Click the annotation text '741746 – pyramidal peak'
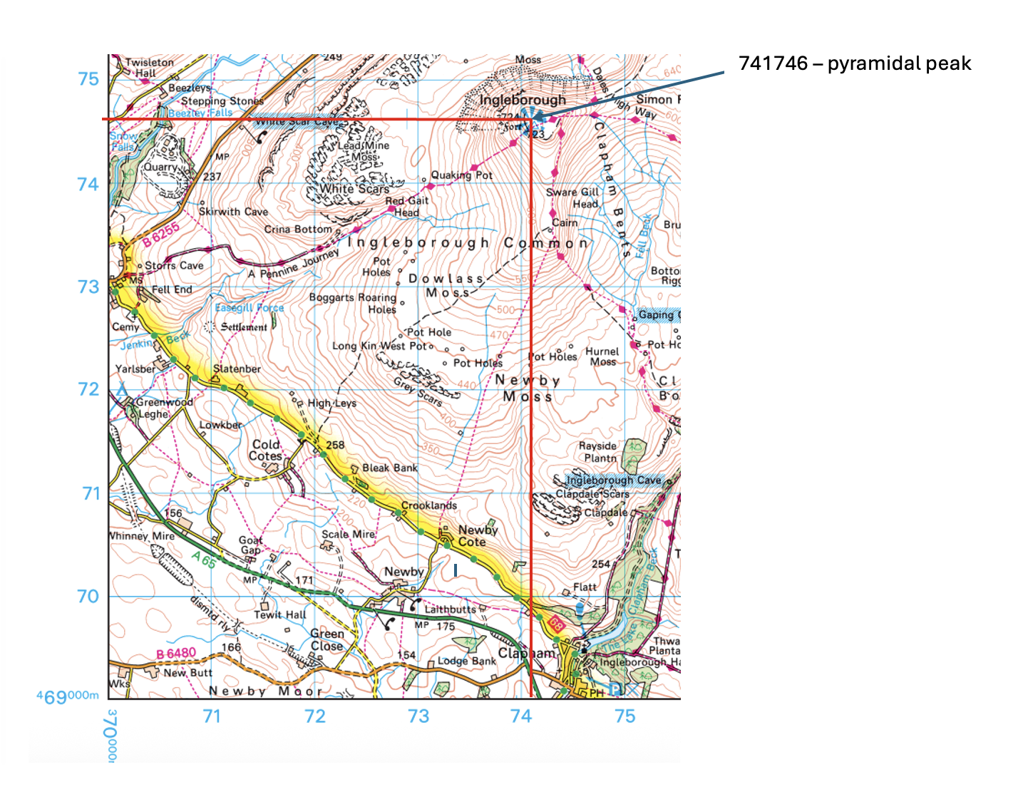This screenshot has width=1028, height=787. click(854, 63)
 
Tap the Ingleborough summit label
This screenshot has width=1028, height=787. click(523, 100)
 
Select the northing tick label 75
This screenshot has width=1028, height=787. click(88, 79)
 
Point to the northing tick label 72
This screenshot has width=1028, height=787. click(88, 389)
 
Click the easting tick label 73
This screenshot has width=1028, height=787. click(418, 716)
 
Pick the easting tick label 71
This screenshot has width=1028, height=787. click(212, 716)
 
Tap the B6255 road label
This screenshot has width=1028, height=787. click(160, 235)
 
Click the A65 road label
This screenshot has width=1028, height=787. click(203, 560)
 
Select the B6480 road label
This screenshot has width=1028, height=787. click(176, 654)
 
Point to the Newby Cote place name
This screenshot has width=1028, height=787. click(476, 535)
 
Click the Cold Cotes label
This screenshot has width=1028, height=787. click(266, 450)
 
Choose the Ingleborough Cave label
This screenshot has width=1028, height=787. click(613, 480)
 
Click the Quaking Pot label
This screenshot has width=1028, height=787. click(461, 175)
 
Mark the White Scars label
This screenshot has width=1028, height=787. click(354, 189)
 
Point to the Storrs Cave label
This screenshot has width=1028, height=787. click(174, 266)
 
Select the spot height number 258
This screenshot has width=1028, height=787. click(335, 445)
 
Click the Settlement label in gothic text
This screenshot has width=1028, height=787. click(244, 327)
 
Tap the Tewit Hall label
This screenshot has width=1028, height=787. click(280, 614)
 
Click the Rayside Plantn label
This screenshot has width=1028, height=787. click(598, 452)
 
